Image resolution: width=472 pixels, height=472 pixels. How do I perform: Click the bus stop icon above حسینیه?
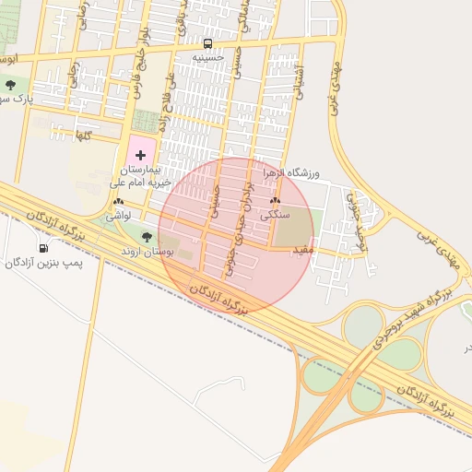click(207, 43)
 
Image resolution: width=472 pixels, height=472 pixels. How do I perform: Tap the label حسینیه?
click(208, 57)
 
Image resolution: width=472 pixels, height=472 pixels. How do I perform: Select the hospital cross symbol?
click(140, 155)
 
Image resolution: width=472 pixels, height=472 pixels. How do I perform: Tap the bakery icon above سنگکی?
click(275, 201)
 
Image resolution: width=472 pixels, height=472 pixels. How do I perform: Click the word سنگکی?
click(275, 214)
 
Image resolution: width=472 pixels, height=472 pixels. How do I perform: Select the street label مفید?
click(303, 250)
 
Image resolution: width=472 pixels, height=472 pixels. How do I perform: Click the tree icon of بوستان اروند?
click(147, 238)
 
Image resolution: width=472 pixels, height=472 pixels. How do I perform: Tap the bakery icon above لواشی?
click(117, 202)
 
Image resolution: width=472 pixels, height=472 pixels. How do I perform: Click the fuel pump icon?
click(43, 249)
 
